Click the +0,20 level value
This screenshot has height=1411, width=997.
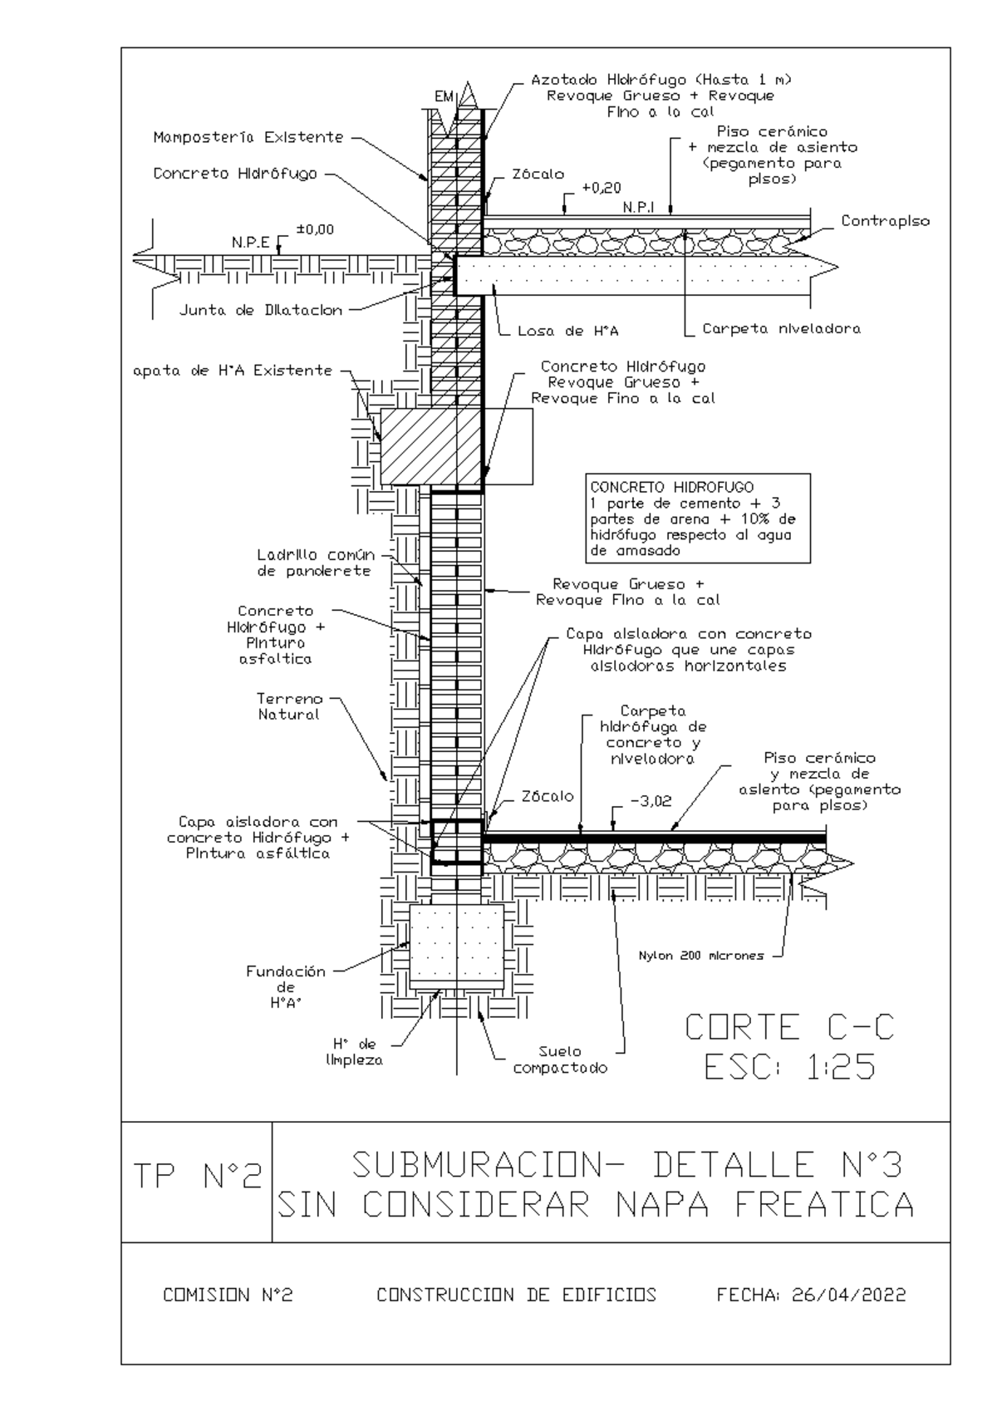(x=602, y=188)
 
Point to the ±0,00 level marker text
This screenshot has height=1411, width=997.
(x=316, y=229)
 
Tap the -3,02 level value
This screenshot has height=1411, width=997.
(x=651, y=801)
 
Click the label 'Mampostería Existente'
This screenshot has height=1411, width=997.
(x=248, y=137)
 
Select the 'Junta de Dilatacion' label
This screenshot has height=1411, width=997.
(x=261, y=310)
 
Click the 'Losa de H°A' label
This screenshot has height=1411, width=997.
(x=568, y=331)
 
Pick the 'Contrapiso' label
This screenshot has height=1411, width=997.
(x=885, y=221)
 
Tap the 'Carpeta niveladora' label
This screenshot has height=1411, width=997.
(x=781, y=328)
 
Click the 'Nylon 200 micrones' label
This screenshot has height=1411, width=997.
(x=701, y=956)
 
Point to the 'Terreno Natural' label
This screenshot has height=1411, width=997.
(x=289, y=707)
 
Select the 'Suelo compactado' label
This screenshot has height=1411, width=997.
(x=561, y=1059)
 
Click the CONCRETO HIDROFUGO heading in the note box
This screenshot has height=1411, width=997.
(x=672, y=487)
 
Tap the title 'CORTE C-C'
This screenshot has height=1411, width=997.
(x=789, y=1027)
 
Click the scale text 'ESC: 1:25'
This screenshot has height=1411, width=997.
(x=790, y=1066)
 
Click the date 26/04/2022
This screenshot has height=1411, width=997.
(x=849, y=1308)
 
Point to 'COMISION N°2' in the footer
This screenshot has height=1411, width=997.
(x=228, y=1308)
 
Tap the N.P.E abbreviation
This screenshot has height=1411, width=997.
(x=250, y=243)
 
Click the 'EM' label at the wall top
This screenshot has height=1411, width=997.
(x=444, y=96)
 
